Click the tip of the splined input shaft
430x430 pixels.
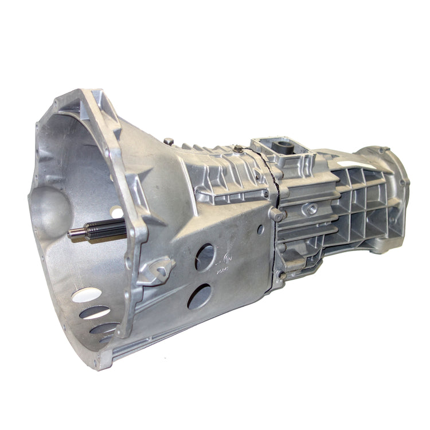pos(71,233)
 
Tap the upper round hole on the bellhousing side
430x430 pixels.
pos(205,257)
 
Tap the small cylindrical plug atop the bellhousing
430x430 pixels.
pos(168,141)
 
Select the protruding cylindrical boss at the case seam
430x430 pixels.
pos(276,215)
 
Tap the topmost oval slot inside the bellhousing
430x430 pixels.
pos(87,295)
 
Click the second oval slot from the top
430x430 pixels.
pos(95,312)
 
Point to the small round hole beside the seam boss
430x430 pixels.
pos(260,229)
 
